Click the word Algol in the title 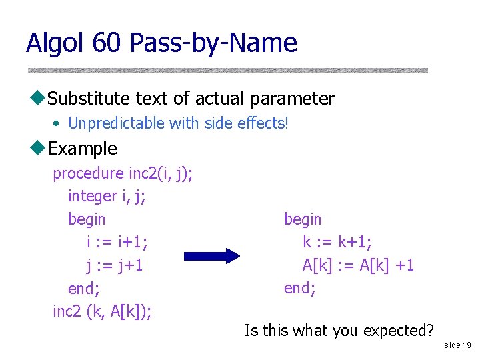(x=55, y=43)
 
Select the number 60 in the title (x=107, y=43)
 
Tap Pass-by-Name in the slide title (x=213, y=43)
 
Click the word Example (x=83, y=148)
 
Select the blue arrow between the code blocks (x=211, y=256)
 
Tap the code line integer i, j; (x=107, y=196)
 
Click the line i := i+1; (x=117, y=242)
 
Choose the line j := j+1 (x=115, y=265)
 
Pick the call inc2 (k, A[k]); (x=102, y=311)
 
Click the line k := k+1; (x=337, y=242)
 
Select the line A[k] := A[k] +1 (x=358, y=265)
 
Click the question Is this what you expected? (x=339, y=330)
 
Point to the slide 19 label (x=457, y=345)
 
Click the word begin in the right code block (x=303, y=219)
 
